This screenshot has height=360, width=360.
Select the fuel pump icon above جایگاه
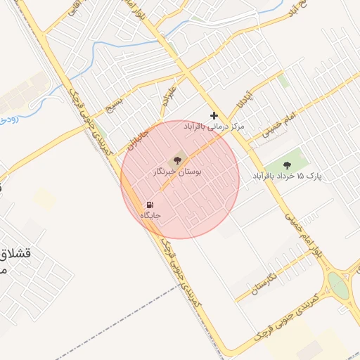(148, 205)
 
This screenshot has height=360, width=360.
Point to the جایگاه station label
(150, 215)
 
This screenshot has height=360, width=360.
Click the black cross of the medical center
(214, 115)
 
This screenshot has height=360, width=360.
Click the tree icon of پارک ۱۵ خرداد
(286, 165)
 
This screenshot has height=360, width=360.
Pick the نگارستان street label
(262, 284)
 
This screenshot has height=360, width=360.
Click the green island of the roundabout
(338, 285)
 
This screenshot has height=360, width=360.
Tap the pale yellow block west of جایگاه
(45, 200)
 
